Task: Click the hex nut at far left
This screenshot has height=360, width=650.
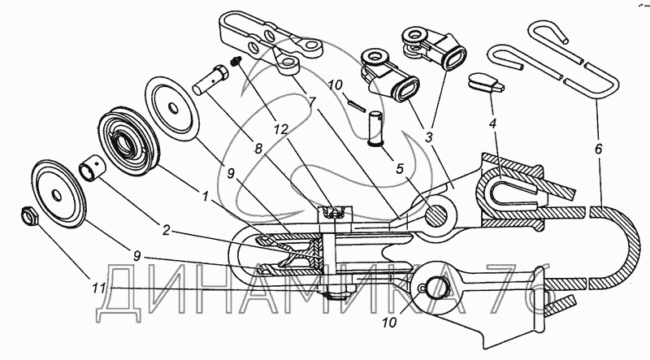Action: click(30, 215)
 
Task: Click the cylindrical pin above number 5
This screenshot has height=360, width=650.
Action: click(375, 128)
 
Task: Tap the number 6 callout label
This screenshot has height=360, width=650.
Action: click(598, 149)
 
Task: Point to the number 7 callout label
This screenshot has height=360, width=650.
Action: click(312, 102)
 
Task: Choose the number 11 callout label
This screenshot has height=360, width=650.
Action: click(99, 288)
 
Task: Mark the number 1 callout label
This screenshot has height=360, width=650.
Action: click(205, 197)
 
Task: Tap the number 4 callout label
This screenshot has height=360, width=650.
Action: click(492, 124)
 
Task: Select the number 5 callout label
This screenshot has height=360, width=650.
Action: click(400, 168)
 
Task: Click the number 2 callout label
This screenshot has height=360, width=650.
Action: click(166, 230)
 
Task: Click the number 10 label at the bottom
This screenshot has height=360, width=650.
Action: click(390, 322)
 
